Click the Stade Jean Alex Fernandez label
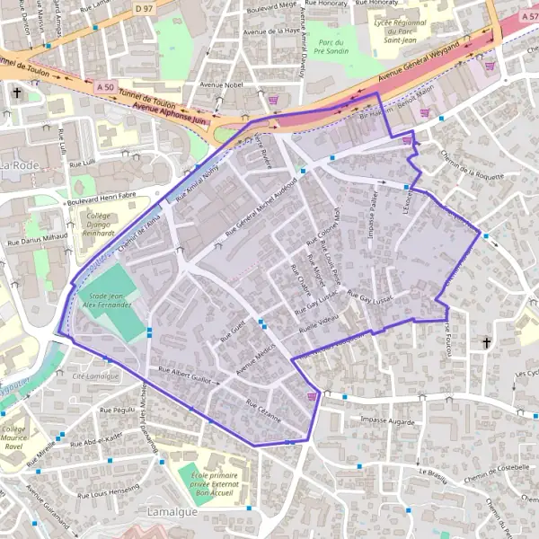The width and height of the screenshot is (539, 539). point(107,300)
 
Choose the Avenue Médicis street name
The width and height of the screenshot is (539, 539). point(255,359)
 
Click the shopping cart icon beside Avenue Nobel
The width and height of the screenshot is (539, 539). point(273,99)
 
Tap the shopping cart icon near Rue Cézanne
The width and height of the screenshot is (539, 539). point(312,394)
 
